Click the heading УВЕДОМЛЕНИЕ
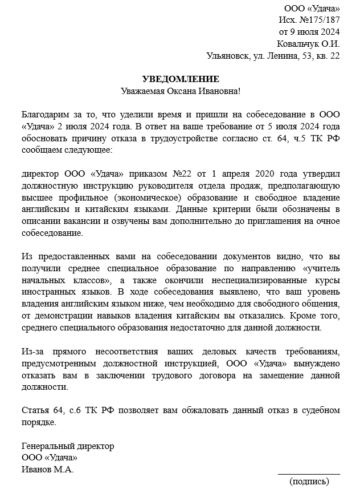[x=180, y=79]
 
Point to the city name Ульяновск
[x=228, y=56]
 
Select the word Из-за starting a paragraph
[x=35, y=351]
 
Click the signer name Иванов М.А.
[x=47, y=469]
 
